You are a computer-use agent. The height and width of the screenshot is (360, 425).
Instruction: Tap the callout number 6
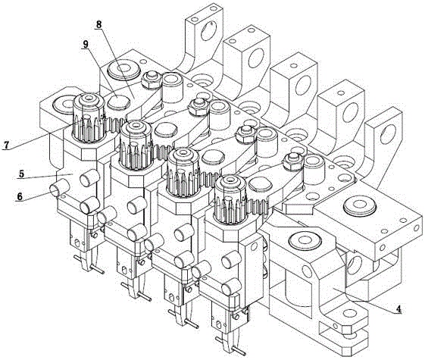[x=19, y=196]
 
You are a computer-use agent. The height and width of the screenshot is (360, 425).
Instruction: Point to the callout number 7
[x=6, y=145]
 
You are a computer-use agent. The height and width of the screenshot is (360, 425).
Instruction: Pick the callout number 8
[x=98, y=24]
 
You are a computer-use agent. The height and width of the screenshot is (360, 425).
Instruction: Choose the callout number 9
[x=86, y=44]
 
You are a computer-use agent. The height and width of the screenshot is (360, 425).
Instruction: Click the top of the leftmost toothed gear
[x=89, y=99]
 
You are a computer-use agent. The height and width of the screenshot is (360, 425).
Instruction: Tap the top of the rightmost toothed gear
[x=231, y=181]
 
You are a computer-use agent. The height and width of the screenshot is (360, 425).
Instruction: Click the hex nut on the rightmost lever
[x=292, y=161]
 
